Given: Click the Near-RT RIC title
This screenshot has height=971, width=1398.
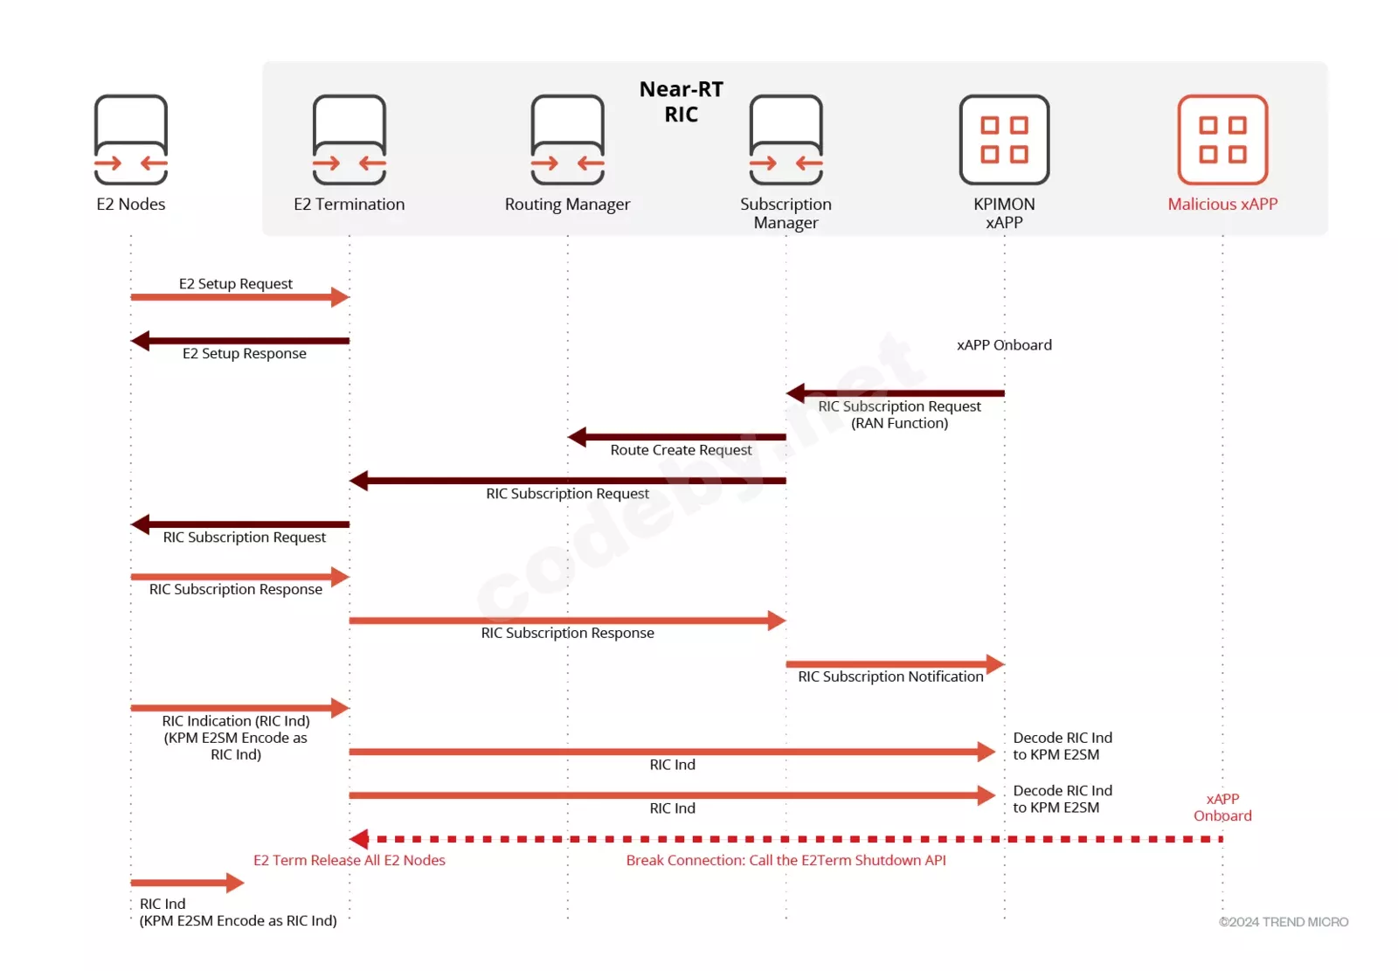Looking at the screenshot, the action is pos(682,101).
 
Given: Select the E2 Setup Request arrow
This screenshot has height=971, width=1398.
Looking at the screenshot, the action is pos(240,297).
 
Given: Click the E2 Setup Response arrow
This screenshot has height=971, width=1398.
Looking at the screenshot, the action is pos(240,341).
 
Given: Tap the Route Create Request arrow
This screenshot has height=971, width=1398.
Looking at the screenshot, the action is pos(677,437).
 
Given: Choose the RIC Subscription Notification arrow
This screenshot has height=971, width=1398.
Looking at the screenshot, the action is pos(896,663).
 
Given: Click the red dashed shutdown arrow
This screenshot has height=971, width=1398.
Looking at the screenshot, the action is pos(786,839).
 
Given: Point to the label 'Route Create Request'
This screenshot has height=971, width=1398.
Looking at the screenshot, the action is pos(681,450).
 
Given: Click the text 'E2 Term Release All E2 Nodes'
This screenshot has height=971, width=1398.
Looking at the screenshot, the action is pos(349,861).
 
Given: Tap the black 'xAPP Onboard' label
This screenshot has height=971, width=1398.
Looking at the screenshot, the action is pos(1004,345).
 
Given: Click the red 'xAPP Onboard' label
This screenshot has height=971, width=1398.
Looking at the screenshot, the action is pos(1222,808).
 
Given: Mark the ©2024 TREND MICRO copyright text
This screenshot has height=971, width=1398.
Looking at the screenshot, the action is pos(1284,922).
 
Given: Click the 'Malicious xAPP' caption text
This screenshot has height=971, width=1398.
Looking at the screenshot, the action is pos(1222,205).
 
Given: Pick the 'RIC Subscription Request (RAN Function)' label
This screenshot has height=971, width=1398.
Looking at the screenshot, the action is pos(899,414).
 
